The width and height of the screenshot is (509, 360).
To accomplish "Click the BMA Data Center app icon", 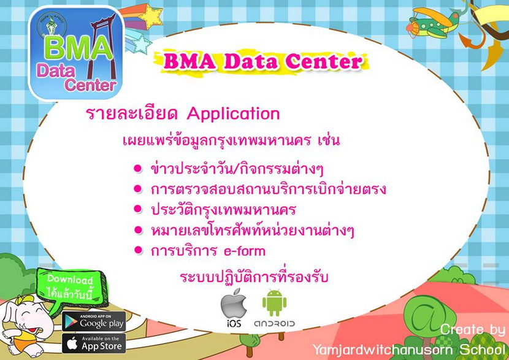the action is tap(77, 53).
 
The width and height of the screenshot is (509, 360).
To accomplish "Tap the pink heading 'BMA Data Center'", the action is tap(262, 61).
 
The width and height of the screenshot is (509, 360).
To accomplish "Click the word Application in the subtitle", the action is tap(233, 114).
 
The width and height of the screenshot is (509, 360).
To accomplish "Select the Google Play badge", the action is tap(94, 321).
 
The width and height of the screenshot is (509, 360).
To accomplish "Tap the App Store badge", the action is tap(94, 343).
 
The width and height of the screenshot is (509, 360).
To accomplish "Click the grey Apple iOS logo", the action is tap(234, 303).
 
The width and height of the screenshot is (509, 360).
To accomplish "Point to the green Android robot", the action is tap(274, 303).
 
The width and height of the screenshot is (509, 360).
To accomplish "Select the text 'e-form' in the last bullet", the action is tap(245, 251).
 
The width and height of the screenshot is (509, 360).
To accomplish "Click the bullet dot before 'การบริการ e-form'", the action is tap(138, 251).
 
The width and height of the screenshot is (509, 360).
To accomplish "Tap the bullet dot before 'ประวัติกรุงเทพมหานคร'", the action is tap(138, 209).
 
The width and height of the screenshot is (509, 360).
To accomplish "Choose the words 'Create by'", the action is tap(473, 330).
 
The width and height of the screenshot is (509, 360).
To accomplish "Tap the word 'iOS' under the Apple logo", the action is tap(234, 323).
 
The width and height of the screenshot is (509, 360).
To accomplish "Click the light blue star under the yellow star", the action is tap(139, 43).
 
